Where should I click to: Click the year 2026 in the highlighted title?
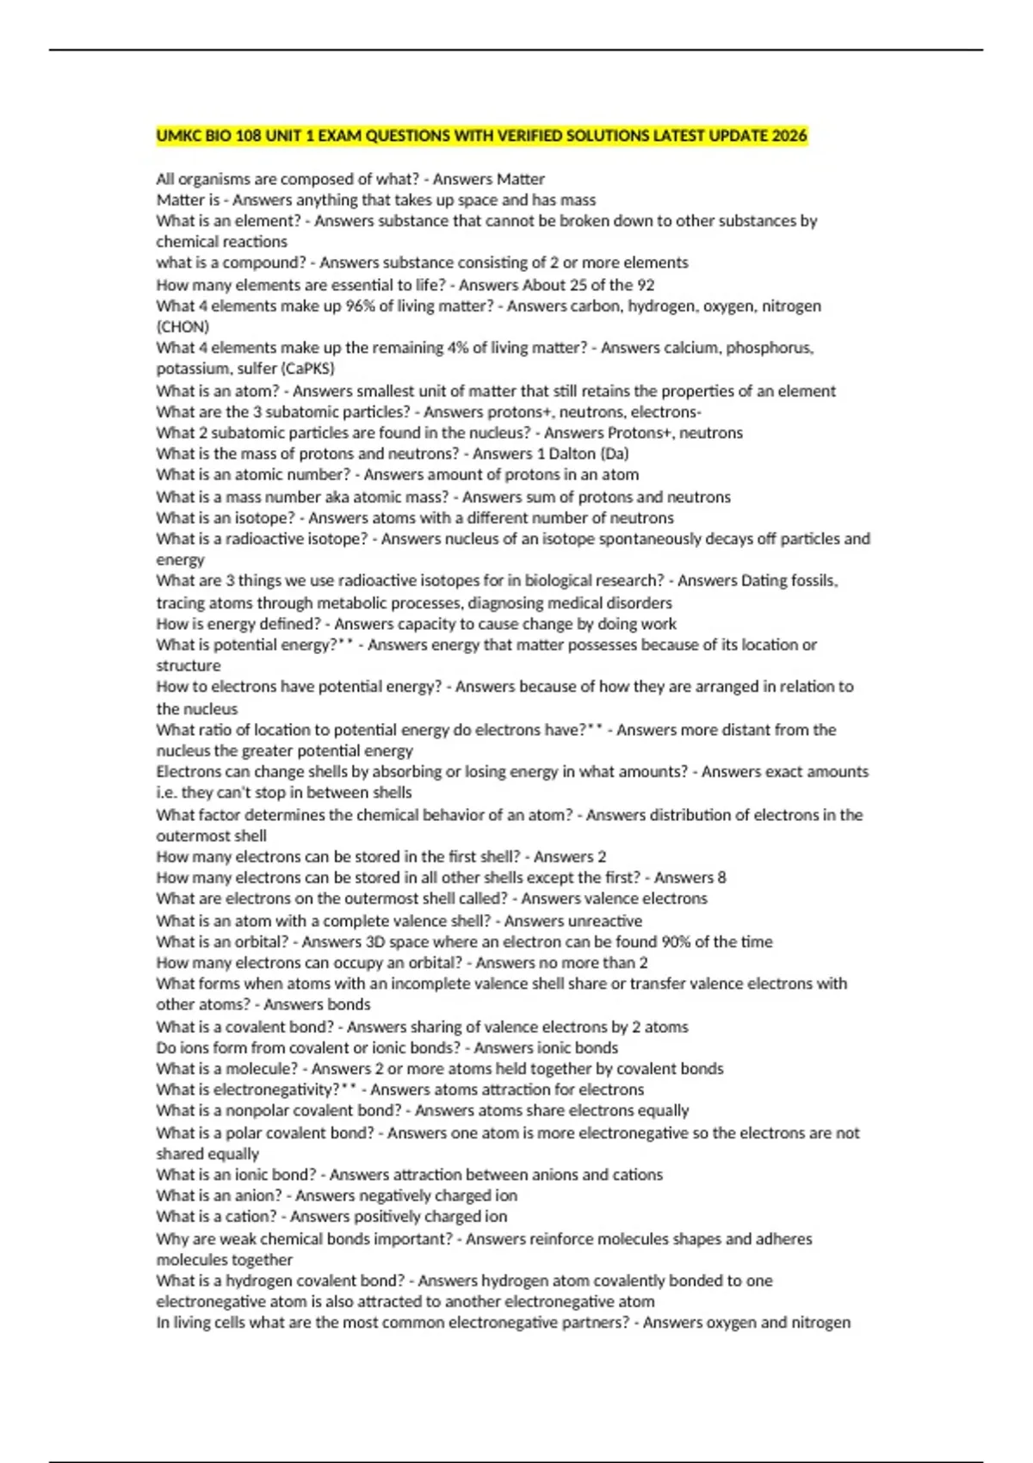pyautogui.click(x=789, y=136)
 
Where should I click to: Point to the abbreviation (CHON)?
pyautogui.click(x=182, y=327)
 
